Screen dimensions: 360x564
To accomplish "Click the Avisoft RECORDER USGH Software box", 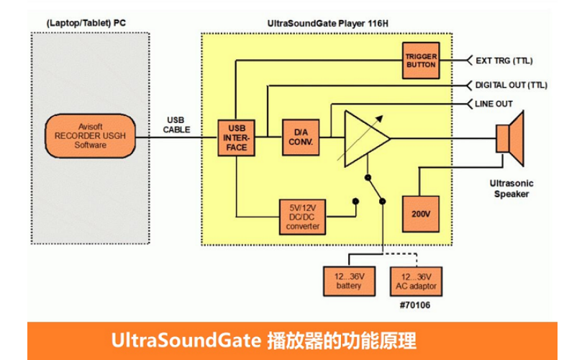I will [x=90, y=135].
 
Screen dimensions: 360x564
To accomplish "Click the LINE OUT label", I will [x=493, y=104].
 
